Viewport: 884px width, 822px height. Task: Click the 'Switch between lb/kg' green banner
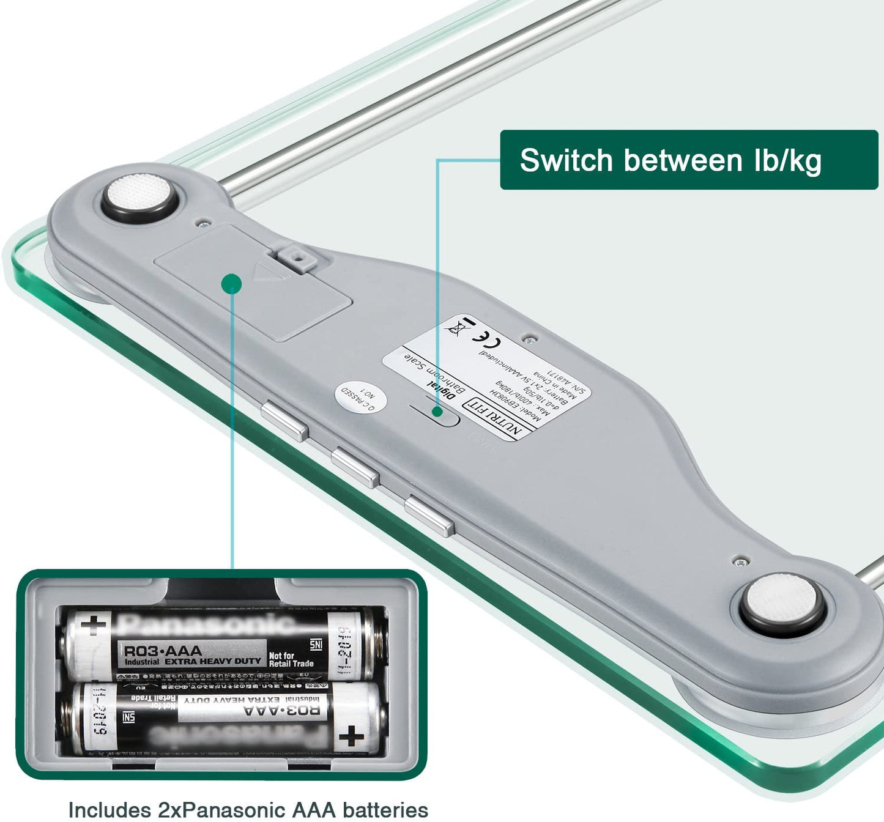click(x=688, y=160)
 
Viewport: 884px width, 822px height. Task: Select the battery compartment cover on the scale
click(x=253, y=282)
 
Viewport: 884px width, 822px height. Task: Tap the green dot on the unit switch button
click(x=437, y=412)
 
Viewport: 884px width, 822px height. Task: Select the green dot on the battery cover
click(x=232, y=283)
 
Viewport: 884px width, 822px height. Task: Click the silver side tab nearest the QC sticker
click(x=284, y=420)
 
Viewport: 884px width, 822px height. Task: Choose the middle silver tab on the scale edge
click(x=355, y=467)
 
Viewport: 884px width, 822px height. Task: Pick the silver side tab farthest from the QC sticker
click(x=429, y=516)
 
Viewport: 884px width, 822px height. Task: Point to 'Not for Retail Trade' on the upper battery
click(x=291, y=659)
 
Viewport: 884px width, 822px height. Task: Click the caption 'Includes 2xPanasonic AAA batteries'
click(x=248, y=809)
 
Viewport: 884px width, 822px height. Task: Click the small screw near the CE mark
click(x=530, y=337)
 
